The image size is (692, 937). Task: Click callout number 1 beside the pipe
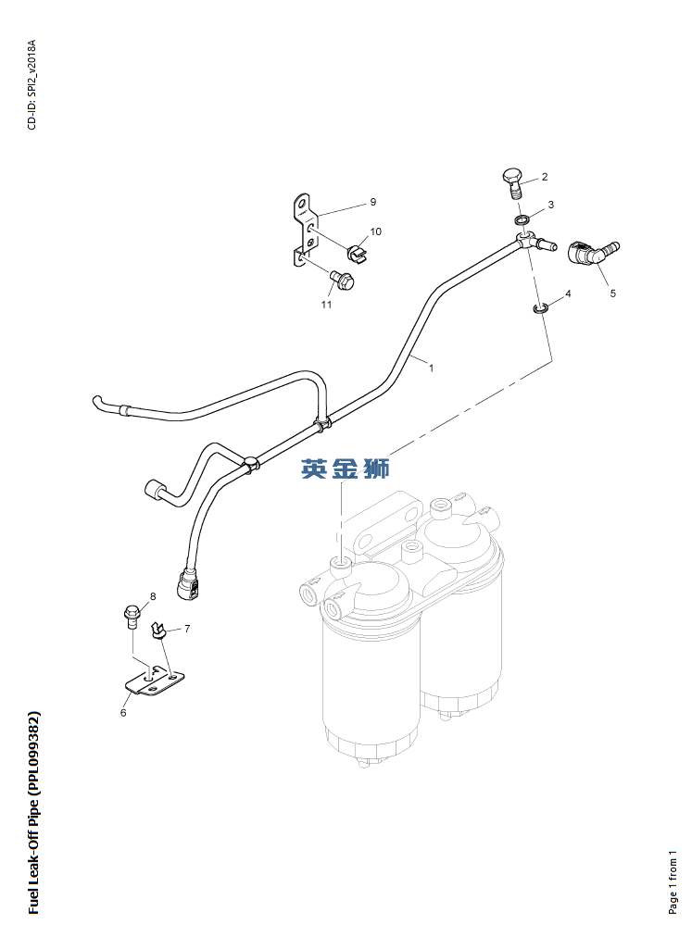tap(432, 369)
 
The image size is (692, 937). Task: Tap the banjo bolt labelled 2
tap(512, 182)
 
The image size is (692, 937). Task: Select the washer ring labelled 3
tap(522, 220)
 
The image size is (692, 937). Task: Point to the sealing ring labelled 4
tap(539, 309)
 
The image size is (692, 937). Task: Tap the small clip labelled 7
tap(159, 630)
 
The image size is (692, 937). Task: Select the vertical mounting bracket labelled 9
tap(304, 230)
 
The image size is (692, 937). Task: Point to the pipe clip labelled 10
tap(358, 254)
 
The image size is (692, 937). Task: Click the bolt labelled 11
tap(342, 279)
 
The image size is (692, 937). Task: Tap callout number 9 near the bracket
tap(373, 202)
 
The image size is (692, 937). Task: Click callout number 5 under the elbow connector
tap(612, 294)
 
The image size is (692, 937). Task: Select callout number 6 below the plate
tap(124, 713)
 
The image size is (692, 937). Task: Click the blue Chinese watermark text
tap(346, 468)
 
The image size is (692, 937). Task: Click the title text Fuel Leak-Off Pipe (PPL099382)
tap(33, 813)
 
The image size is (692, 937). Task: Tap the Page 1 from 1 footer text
tap(673, 882)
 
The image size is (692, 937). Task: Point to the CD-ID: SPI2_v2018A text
tap(31, 85)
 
